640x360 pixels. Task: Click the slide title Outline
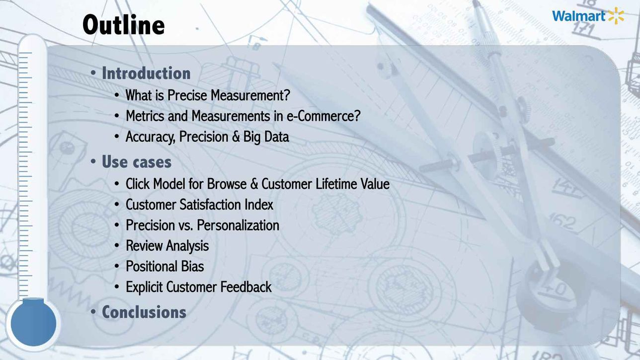(123, 25)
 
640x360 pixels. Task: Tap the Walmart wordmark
(578, 16)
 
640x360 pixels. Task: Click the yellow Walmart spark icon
(616, 16)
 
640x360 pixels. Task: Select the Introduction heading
(146, 73)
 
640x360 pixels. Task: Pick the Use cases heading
(137, 162)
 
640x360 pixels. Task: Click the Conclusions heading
(144, 312)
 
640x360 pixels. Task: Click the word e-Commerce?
(323, 116)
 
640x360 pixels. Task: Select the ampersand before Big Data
(236, 137)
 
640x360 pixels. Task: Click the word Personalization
(238, 225)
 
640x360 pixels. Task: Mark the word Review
(144, 246)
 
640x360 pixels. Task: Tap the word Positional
(152, 266)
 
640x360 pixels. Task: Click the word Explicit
(144, 287)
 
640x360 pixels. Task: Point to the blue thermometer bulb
(33, 323)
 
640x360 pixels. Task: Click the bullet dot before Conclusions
(93, 312)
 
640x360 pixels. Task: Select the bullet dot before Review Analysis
(117, 246)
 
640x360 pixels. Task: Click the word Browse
(227, 184)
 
